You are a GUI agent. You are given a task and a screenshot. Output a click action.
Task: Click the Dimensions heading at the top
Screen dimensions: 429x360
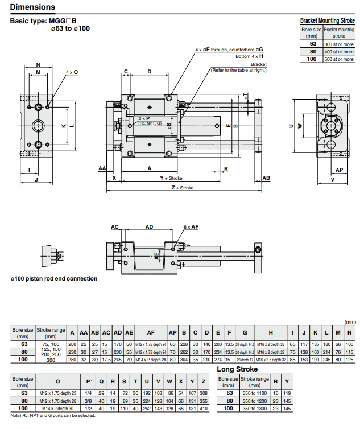[33, 7]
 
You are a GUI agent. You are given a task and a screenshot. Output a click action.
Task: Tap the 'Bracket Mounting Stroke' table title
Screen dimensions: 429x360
[327, 20]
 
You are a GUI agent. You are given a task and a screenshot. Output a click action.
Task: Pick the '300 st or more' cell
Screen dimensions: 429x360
[339, 44]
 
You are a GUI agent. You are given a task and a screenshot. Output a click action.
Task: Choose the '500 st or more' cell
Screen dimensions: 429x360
[339, 59]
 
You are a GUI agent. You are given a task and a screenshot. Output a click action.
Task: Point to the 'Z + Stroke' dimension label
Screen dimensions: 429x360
[182, 188]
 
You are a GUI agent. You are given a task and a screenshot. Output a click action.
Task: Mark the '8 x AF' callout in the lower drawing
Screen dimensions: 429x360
[191, 227]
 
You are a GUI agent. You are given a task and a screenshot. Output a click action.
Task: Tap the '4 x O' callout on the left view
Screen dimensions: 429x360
[72, 73]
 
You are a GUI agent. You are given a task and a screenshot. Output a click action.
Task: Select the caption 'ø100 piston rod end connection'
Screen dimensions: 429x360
[53, 279]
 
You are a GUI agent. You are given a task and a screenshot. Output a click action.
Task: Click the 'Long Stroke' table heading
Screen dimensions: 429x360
[237, 369]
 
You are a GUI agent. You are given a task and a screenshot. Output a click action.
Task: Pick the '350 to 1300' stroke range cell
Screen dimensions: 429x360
[254, 409]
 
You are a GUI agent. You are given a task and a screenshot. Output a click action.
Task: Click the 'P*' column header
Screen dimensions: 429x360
[88, 381]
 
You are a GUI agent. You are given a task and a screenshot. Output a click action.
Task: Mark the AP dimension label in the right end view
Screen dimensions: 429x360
[339, 170]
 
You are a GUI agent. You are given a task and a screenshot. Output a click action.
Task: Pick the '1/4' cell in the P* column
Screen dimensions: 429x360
[88, 393]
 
